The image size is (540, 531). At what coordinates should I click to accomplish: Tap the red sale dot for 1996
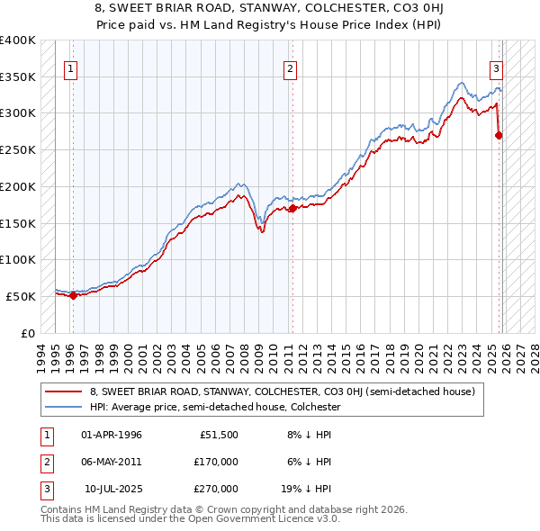73,295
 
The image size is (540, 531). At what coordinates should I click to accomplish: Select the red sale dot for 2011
292,208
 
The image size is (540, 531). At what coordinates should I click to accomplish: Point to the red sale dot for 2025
499,135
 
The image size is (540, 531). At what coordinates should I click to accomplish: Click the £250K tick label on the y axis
18,149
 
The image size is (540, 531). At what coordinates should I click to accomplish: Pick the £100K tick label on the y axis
18,259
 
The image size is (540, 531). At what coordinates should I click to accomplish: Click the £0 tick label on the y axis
27,333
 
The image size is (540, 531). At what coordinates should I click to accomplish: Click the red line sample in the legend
64,391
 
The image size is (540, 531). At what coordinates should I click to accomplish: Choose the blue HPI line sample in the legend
64,407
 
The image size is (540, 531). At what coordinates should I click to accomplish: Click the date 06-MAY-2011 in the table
111,462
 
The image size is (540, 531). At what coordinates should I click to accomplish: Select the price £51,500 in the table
220,435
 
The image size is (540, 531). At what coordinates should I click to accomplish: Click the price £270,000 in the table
216,489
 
